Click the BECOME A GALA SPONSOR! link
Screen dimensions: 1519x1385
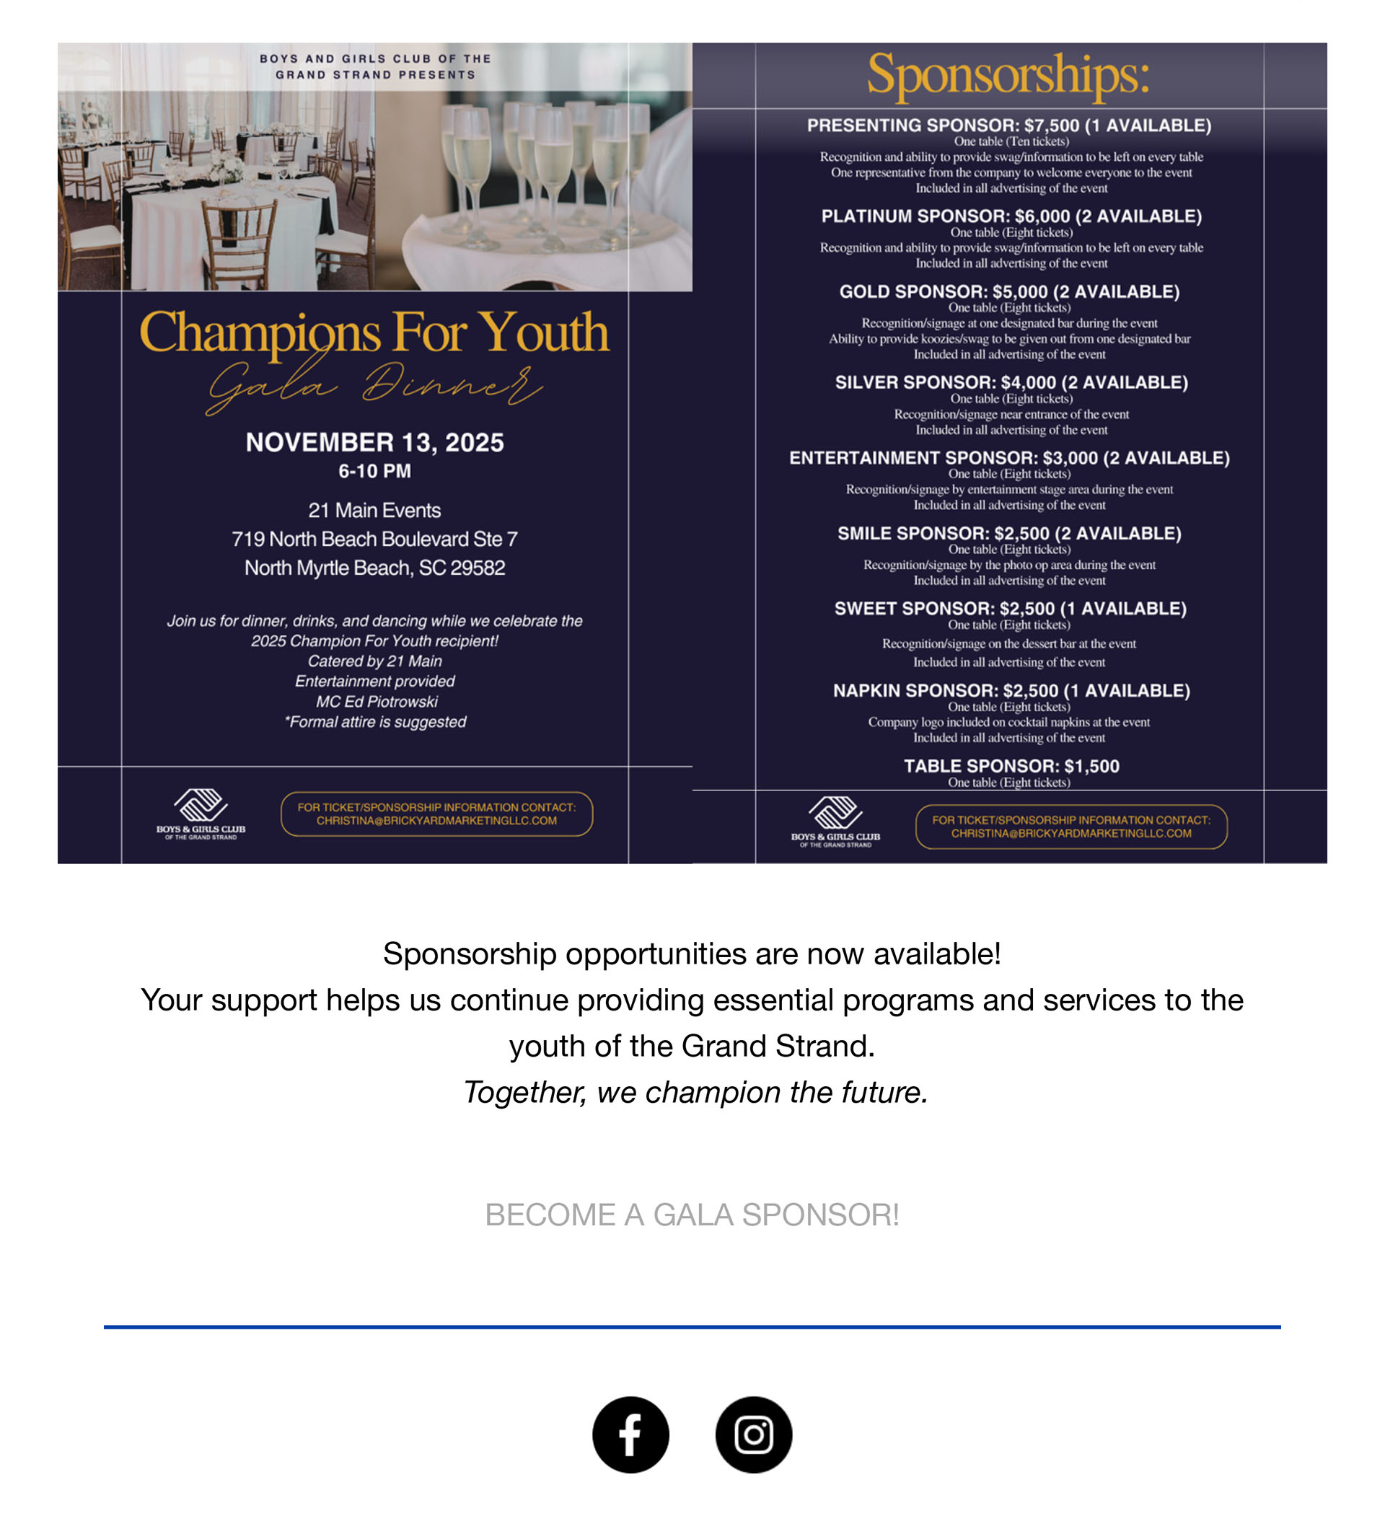click(692, 1215)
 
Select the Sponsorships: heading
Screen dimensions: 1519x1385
click(1008, 74)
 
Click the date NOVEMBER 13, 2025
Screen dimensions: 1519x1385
click(374, 442)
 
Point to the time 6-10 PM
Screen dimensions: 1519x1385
click(374, 471)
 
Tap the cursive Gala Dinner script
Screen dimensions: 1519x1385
click(374, 386)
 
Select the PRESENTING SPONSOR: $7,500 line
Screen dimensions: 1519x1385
click(1009, 125)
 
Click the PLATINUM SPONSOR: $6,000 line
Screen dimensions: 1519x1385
click(1011, 216)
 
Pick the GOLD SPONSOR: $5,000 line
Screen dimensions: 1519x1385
click(1009, 291)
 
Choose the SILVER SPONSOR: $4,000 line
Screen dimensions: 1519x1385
click(1011, 382)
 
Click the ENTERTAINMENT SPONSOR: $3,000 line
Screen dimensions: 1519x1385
click(1009, 457)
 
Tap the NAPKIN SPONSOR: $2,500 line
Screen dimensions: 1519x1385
click(1011, 690)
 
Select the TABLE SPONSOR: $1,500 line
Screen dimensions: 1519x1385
click(1011, 765)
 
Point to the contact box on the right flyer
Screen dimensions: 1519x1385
click(1070, 827)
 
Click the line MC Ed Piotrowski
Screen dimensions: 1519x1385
click(376, 702)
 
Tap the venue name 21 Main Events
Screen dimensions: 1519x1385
click(374, 510)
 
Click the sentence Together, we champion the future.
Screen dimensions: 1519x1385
click(695, 1092)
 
